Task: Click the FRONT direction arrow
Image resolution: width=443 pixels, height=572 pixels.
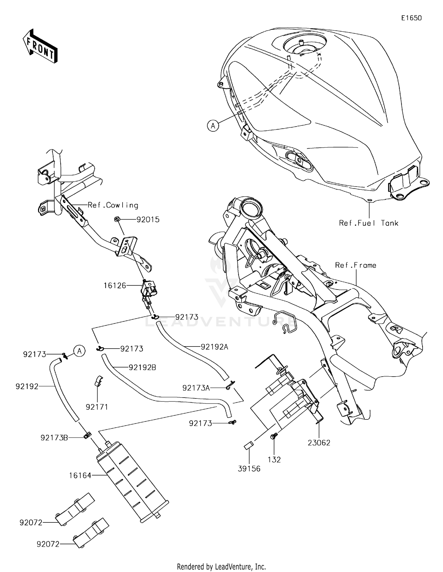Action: pyautogui.click(x=40, y=46)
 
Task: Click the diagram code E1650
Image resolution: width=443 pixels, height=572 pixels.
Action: pyautogui.click(x=411, y=18)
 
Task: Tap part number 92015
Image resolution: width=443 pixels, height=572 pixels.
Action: pyautogui.click(x=148, y=220)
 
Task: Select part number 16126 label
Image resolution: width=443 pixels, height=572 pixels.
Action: pyautogui.click(x=115, y=286)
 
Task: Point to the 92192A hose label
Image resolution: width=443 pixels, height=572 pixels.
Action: pyautogui.click(x=214, y=347)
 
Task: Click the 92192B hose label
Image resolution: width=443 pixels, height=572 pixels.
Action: pyautogui.click(x=142, y=368)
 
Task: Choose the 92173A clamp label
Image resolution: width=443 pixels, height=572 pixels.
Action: pyautogui.click(x=196, y=388)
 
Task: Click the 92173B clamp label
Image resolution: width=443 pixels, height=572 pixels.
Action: pyautogui.click(x=54, y=438)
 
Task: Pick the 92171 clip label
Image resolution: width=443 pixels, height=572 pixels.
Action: pyautogui.click(x=97, y=407)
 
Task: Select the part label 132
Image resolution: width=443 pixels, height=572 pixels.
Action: pyautogui.click(x=274, y=460)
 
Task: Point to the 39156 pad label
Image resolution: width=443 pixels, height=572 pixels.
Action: pyautogui.click(x=249, y=469)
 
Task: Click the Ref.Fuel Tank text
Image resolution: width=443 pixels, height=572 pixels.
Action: pyautogui.click(x=369, y=223)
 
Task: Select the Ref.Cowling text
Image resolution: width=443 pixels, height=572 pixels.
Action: pyautogui.click(x=113, y=205)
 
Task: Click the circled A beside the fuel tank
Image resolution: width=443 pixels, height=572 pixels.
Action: pyautogui.click(x=213, y=126)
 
